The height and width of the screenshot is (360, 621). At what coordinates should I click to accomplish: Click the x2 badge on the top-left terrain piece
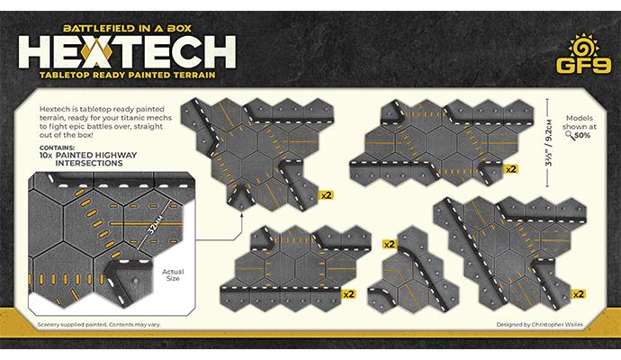click(328, 192)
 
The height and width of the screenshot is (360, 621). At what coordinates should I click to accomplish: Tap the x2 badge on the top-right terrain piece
click(510, 168)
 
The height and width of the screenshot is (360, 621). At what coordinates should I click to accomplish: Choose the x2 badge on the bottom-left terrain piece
click(348, 292)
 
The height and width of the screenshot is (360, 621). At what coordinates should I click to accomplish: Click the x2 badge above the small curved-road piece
click(389, 243)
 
